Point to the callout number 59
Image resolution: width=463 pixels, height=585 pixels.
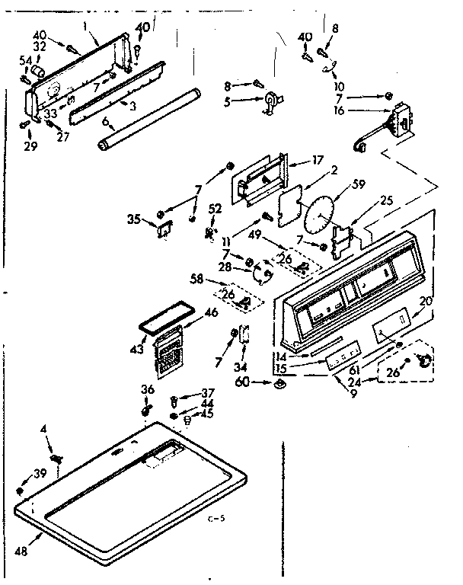point(358,183)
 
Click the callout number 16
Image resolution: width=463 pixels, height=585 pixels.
point(340,110)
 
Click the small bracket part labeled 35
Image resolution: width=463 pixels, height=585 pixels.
point(164,228)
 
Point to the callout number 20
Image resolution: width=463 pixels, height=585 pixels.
point(426,302)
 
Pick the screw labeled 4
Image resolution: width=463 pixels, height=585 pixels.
point(56,457)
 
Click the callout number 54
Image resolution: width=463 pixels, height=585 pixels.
point(24,60)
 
